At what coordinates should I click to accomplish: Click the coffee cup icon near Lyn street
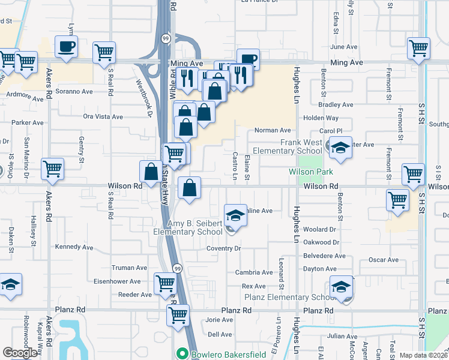(66, 46)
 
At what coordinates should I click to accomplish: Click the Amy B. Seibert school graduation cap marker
(235, 214)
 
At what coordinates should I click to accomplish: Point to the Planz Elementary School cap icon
(341, 287)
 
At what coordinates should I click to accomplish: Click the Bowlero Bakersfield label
(228, 354)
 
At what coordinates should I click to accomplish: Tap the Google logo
(20, 353)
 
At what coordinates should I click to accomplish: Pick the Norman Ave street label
(273, 130)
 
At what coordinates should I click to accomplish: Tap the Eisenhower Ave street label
(118, 281)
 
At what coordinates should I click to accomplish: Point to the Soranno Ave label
(74, 92)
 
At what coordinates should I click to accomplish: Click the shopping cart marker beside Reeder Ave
(166, 283)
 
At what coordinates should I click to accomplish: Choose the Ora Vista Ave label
(103, 117)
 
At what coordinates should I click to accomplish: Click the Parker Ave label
(28, 122)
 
